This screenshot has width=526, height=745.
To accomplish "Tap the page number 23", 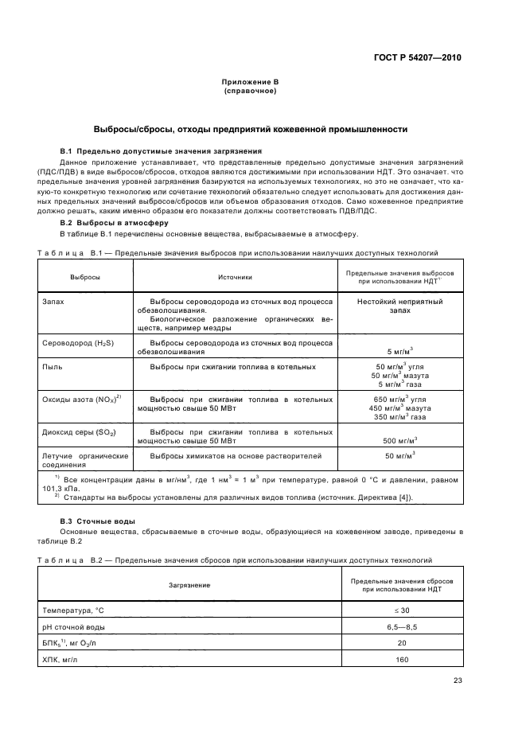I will [x=457, y=680].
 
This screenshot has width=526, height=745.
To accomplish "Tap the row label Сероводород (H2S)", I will [x=77, y=341].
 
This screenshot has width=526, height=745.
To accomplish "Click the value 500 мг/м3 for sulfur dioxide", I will [x=400, y=440].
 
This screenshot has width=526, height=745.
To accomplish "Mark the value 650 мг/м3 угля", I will [x=400, y=399].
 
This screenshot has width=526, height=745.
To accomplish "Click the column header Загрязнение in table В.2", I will [x=189, y=584].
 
